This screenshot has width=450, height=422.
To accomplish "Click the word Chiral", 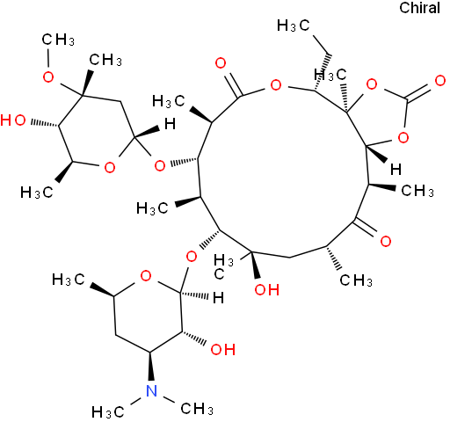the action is (419, 8).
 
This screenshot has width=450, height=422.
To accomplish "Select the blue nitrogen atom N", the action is (151, 390).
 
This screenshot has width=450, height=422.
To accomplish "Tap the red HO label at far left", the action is (13, 120).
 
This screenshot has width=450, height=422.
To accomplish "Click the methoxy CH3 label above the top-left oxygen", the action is (58, 40).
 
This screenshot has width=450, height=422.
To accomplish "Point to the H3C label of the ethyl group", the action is (294, 25).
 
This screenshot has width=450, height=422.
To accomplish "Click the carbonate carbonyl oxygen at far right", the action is (439, 81).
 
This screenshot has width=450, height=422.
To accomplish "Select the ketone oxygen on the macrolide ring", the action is (386, 241).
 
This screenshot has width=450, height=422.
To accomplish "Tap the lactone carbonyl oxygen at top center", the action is (221, 63).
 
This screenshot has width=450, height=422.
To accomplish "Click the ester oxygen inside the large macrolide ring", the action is (276, 85).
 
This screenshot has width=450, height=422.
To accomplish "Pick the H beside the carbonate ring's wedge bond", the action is (396, 170).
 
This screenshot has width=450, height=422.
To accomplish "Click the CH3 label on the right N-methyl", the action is (197, 409).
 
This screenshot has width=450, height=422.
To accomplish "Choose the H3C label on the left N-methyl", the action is (108, 412).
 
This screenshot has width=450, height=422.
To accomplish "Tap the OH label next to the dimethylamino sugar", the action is (223, 349).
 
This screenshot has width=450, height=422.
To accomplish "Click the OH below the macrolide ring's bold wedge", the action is (266, 289).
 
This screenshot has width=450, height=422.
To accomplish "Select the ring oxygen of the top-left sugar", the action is (110, 168).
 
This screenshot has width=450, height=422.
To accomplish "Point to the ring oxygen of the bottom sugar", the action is (146, 276).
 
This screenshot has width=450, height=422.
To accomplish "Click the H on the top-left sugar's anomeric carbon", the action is (170, 124).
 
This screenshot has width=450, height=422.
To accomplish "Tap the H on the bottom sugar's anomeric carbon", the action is (218, 298).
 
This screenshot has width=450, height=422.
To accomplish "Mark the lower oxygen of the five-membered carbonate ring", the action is (403, 137).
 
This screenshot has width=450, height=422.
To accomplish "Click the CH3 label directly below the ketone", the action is (356, 280).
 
